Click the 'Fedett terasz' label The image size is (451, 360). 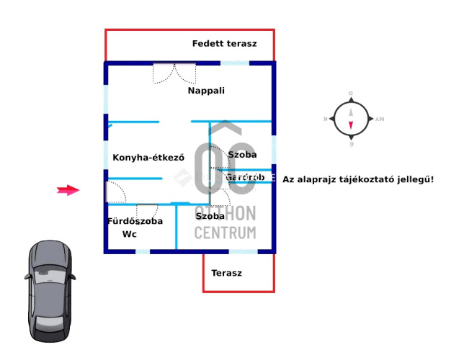224,44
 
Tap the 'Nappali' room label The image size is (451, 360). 206,91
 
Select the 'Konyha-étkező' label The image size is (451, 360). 148,158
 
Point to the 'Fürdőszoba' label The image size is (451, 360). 135,221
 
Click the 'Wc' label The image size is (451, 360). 130,235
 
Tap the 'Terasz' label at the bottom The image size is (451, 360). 226,274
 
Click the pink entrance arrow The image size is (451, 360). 68,190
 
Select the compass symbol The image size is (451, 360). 351,119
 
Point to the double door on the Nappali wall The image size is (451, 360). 174,72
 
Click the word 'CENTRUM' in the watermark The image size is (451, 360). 226,232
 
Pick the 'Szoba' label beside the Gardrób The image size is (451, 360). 242,155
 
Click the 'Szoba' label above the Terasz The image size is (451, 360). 210,216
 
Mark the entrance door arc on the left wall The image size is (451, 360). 116,192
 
